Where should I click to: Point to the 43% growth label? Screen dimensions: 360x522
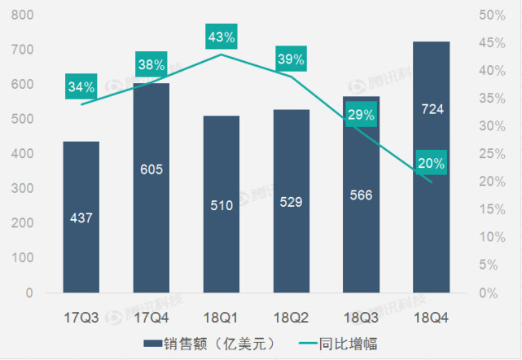(222, 37)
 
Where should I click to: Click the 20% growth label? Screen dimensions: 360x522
(431, 163)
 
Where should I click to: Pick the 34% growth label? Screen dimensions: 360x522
(81, 86)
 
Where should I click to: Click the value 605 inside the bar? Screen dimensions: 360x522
(151, 169)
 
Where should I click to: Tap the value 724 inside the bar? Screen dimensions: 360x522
(432, 108)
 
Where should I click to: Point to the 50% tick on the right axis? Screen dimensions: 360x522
(493, 15)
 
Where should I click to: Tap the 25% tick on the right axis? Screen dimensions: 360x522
(493, 154)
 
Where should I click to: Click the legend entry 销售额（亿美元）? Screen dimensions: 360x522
(208, 343)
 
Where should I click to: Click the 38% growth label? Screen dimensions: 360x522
(151, 64)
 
